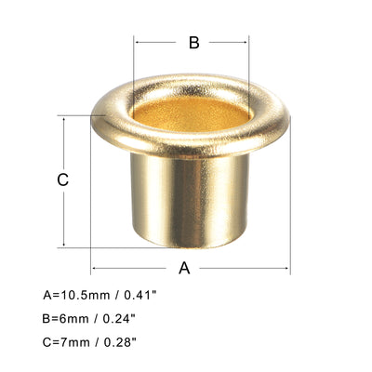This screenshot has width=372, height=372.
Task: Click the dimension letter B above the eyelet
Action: [193, 42]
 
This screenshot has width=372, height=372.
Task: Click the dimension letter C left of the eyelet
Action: [63, 181]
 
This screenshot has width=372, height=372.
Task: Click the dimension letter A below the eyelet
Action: [184, 269]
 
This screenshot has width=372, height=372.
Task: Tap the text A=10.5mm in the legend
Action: [80, 295]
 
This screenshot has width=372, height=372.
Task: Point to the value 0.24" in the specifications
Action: [126, 318]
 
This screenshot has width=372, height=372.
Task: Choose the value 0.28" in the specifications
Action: [126, 341]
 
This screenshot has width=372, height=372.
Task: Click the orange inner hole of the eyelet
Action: [192, 115]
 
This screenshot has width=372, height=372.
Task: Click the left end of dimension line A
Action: [92, 269]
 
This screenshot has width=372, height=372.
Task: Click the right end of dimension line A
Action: [289, 269]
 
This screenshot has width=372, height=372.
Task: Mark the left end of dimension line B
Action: [135, 42]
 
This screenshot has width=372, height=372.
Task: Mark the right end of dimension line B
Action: [249, 42]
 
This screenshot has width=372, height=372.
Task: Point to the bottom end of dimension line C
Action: [63, 247]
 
